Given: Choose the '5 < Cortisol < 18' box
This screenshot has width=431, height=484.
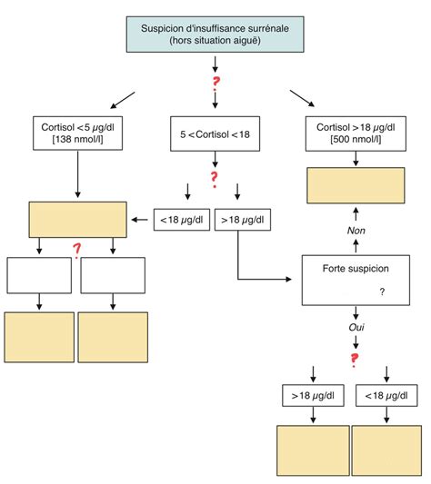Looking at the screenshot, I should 215,134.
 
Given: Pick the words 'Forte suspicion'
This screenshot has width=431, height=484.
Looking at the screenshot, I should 356,270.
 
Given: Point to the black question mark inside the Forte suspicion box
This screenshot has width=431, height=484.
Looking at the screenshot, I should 381,291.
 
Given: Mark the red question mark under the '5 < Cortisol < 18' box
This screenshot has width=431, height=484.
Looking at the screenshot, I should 215,178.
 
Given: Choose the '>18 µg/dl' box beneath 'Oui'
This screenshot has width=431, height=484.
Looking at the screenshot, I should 313,396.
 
